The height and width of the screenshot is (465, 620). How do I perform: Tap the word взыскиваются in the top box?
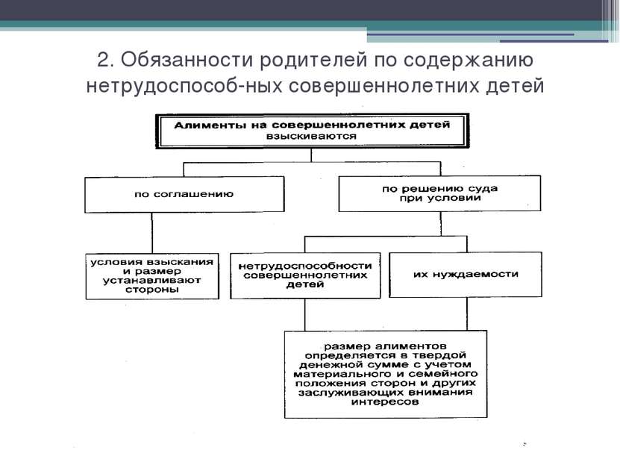tap(311, 137)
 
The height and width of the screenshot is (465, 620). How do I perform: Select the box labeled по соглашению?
tap(184, 195)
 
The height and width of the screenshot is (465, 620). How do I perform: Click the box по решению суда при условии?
tap(439, 193)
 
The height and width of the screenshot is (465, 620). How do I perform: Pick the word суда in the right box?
tap(482, 189)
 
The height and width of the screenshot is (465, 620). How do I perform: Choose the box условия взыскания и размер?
tap(152, 276)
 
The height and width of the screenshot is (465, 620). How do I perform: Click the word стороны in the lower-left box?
tap(152, 290)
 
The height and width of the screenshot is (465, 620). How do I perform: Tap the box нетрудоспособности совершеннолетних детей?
tap(305, 275)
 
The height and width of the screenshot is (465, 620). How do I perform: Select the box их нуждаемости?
tap(466, 275)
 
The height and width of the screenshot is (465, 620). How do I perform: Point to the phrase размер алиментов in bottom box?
tap(386, 347)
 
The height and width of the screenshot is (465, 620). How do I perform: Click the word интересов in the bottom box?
tap(385, 402)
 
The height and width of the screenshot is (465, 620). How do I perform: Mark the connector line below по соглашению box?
tap(152, 234)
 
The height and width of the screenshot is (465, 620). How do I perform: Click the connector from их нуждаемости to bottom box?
tap(467, 314)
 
